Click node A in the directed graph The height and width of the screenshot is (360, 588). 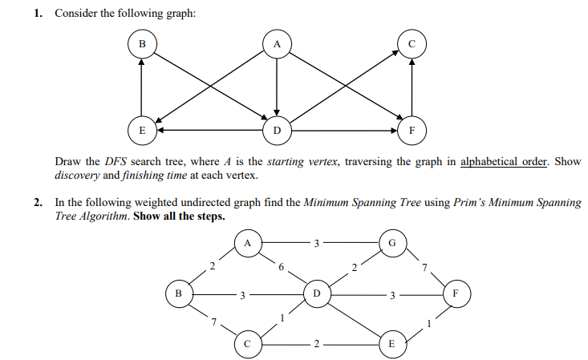276,45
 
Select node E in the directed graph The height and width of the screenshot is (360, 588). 142,128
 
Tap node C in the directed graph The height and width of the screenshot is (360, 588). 411,45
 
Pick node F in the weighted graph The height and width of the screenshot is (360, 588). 456,293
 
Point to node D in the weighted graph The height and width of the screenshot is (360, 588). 316,293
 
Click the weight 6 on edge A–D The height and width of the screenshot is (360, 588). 282,268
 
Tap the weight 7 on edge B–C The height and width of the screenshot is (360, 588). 213,322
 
